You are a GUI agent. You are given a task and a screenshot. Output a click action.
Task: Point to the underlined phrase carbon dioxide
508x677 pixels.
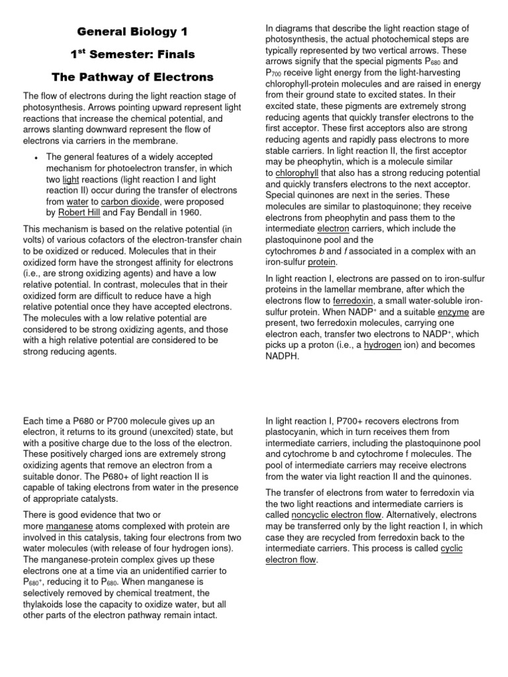[x=128, y=201]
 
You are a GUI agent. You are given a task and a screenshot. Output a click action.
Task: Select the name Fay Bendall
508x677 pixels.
[x=145, y=212]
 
